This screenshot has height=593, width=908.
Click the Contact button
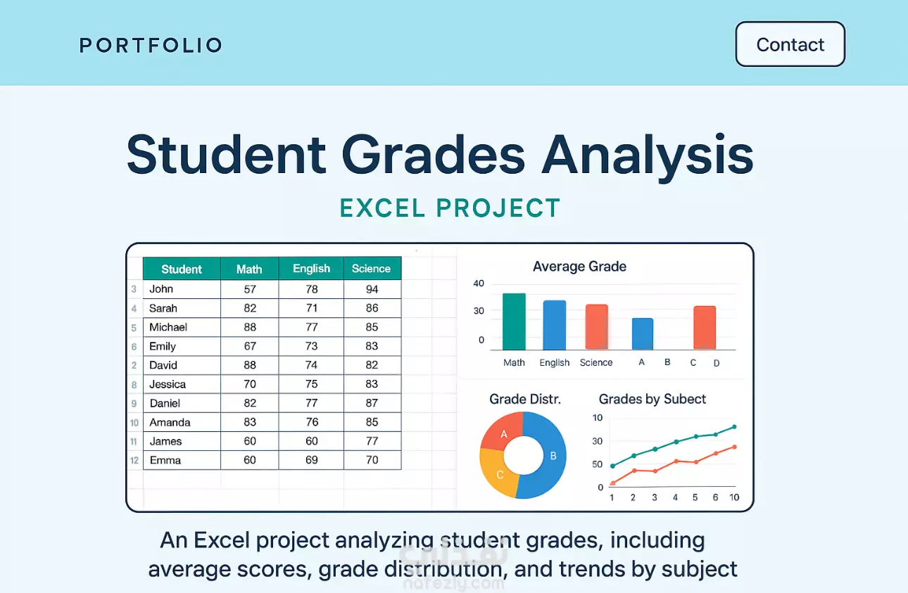click(790, 44)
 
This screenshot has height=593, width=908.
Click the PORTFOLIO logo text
click(151, 45)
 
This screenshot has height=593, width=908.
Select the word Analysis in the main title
click(648, 155)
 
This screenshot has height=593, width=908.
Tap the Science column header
click(372, 269)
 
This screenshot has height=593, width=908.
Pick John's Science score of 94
click(372, 289)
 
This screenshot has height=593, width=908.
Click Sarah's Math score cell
click(250, 308)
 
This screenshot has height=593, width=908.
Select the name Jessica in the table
click(168, 384)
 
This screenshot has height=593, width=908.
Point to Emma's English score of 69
click(311, 460)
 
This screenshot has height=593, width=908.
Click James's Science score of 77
click(372, 441)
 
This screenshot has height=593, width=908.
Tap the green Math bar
click(514, 321)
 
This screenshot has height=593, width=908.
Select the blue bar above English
click(555, 325)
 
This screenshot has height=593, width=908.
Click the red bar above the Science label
click(597, 326)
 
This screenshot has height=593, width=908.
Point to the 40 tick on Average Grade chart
click(479, 283)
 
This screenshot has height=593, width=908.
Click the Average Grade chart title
click(579, 266)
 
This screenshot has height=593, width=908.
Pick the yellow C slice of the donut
click(496, 473)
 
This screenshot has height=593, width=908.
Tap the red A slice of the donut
click(503, 431)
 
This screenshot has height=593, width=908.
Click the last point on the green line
click(734, 427)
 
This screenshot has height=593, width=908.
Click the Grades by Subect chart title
click(652, 399)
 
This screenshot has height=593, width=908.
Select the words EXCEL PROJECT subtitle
click(450, 208)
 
